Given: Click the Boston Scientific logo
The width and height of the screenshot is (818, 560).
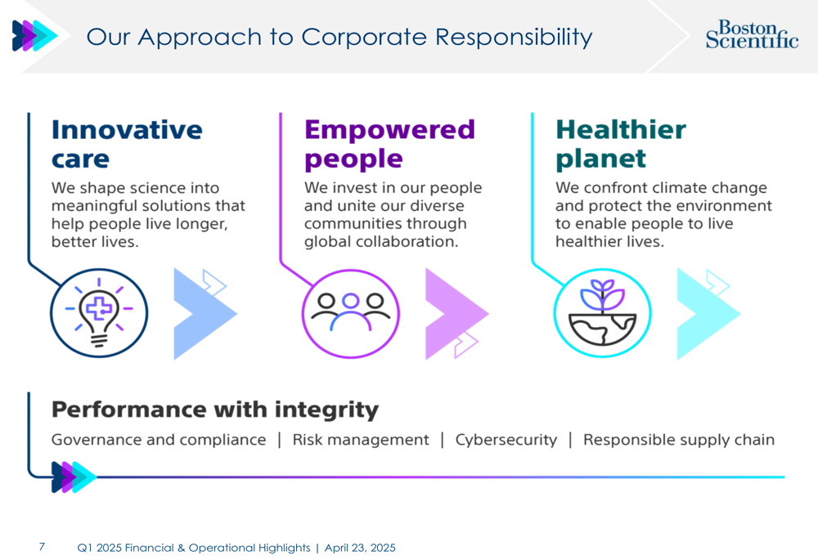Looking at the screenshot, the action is coord(752,34).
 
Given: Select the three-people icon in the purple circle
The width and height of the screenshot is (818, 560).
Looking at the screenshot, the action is coord(351,313).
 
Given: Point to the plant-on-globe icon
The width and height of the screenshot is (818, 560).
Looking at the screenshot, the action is coord(603,313).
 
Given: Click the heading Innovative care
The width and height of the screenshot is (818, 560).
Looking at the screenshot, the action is coord(127,144).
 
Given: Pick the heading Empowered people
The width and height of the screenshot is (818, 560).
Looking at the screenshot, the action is coord(389,145).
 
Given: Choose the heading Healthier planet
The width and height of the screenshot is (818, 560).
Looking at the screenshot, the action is coord(621,145).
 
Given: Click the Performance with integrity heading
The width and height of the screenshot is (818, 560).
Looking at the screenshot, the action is coord(215,410).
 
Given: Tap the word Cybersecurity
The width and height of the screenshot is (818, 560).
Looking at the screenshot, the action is coord(506,440).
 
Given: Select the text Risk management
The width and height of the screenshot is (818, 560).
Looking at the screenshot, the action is coord(361,440).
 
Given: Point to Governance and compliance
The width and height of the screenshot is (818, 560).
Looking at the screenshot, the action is coord(159,440).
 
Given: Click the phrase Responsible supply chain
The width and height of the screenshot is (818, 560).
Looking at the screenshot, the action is coord(679,440).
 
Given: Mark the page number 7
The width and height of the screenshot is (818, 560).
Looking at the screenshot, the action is coord(42,546).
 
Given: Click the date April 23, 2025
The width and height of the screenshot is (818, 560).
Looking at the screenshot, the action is coord(360,548).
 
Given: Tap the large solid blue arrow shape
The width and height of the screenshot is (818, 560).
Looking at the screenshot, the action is coord(205,314).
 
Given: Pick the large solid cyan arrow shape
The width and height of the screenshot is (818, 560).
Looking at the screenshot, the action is coord(708,314).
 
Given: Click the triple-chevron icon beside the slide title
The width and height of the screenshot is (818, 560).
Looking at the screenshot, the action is coord(35,35).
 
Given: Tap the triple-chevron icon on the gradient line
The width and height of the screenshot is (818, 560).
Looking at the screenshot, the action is coord(74,477).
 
